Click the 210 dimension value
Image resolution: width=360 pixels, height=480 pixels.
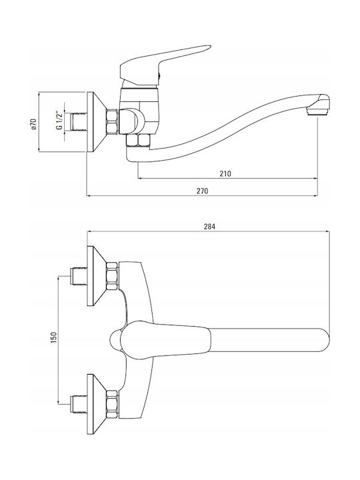coord(225,173)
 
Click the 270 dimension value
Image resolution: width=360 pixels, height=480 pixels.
coord(203,191)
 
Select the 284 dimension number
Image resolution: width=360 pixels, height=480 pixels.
coord(209,227)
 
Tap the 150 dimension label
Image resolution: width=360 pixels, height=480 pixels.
coord(54,337)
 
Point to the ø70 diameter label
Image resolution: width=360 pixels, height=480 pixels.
coord(34,124)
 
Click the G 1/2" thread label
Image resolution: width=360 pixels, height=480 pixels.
coord(60,120)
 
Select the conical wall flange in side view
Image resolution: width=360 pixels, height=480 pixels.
coord(96,122)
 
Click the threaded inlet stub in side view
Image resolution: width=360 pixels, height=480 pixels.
coord(78,122)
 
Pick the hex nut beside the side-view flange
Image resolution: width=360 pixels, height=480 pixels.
coord(112,122)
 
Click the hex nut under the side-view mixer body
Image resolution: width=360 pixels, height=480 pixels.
coord(139,140)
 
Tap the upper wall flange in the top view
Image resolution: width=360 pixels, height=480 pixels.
coord(96,276)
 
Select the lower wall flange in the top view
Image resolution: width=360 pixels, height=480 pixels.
coord(96,404)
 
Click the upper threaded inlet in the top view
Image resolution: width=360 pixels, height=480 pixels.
coord(78,277)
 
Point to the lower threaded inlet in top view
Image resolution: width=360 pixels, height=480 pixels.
coord(78,405)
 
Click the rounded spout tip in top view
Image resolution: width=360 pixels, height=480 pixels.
coord(323,340)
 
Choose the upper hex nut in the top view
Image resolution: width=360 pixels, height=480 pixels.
coord(112,276)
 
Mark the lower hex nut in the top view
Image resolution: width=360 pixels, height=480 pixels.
coord(112,404)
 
